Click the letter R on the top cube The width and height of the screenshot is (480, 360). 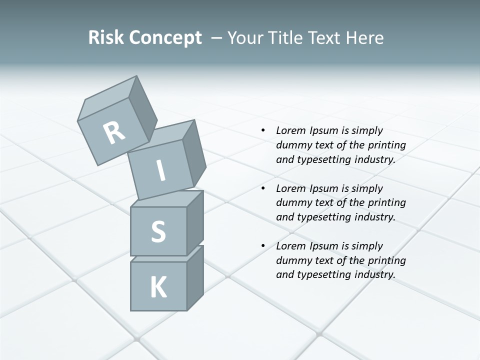pyautogui.click(x=114, y=132)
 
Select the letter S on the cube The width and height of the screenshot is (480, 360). pyautogui.click(x=158, y=231)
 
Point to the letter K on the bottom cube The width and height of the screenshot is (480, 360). pyautogui.click(x=158, y=287)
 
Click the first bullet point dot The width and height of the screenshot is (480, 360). pyautogui.click(x=263, y=130)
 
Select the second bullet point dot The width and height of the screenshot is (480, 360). pyautogui.click(x=263, y=188)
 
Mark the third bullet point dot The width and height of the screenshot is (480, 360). pyautogui.click(x=263, y=246)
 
